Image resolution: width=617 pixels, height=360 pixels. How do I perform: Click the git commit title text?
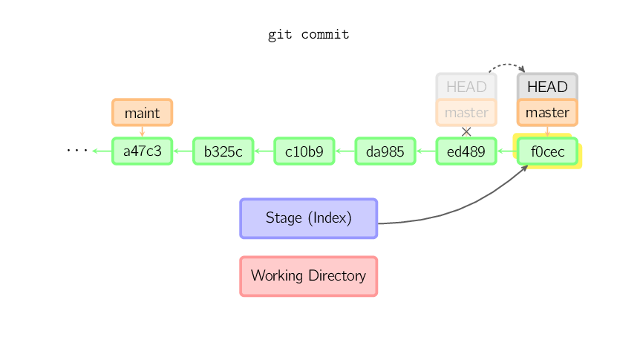tap(308, 35)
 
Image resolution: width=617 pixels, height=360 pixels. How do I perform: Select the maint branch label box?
tap(142, 113)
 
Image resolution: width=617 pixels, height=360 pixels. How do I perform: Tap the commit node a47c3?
tap(142, 151)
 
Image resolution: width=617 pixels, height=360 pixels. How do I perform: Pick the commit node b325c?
tap(223, 151)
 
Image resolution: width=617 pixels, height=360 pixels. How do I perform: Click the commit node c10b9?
tap(304, 151)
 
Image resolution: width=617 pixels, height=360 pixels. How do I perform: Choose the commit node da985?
tap(385, 151)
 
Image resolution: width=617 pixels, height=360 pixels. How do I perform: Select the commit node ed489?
tap(466, 151)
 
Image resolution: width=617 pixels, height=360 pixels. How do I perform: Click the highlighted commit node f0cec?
tap(547, 151)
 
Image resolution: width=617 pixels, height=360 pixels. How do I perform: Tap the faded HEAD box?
tap(466, 86)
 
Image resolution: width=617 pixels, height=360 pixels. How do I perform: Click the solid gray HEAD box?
tap(547, 86)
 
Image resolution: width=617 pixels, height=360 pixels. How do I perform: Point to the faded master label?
tap(466, 113)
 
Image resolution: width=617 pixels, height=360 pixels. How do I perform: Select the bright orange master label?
tap(547, 113)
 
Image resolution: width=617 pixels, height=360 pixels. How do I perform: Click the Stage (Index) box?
tap(308, 218)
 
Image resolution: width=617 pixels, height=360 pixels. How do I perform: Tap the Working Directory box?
tap(308, 276)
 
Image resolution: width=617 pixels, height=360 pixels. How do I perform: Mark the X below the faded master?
tap(466, 131)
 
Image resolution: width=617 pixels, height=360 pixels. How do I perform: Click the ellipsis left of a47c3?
tap(76, 151)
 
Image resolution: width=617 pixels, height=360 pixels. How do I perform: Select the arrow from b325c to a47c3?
tap(183, 151)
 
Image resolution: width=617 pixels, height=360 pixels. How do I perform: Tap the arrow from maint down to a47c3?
tap(142, 131)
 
